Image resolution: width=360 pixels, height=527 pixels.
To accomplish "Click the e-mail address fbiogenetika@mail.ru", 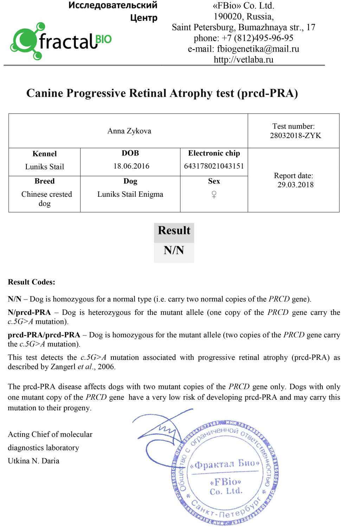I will pyautogui.click(x=258, y=49).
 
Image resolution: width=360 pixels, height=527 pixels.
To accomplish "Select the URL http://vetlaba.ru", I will pyautogui.click(x=243, y=60).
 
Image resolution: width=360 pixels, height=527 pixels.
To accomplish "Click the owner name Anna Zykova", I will pyautogui.click(x=129, y=131).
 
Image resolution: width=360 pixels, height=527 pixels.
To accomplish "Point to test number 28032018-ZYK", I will pyautogui.click(x=295, y=136).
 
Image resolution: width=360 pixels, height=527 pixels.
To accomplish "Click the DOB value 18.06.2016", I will pyautogui.click(x=131, y=166).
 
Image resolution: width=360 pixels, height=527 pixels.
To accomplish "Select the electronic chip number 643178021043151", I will pyautogui.click(x=214, y=166).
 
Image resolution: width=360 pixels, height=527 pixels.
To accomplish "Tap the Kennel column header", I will pyautogui.click(x=44, y=154).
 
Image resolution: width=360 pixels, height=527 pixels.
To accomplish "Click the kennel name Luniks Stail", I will pyautogui.click(x=44, y=167).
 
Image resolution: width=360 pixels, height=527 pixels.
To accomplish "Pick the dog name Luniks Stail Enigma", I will pyautogui.click(x=130, y=194).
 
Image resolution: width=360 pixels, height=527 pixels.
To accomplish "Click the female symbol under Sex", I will pyautogui.click(x=214, y=194).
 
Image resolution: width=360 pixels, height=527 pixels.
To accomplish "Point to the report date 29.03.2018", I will pyautogui.click(x=295, y=185).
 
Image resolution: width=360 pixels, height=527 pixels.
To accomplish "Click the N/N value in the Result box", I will pyautogui.click(x=174, y=250).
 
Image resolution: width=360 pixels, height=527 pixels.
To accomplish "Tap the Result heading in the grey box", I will pyautogui.click(x=174, y=230).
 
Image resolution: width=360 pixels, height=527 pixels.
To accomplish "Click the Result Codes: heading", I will pyautogui.click(x=31, y=282).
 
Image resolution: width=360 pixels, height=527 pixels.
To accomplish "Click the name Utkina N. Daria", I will pyautogui.click(x=33, y=461).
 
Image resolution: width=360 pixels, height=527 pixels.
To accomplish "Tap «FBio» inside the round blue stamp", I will pyautogui.click(x=225, y=481).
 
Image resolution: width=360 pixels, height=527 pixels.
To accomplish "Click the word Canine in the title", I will pyautogui.click(x=45, y=93).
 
